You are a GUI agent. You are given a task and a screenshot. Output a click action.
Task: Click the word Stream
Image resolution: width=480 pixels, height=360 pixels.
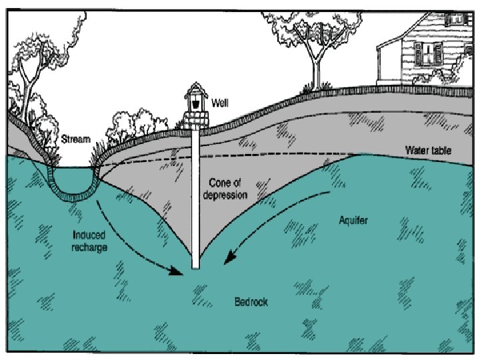pos(75,140)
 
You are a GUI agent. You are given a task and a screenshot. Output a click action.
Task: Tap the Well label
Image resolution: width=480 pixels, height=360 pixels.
pos(219,103)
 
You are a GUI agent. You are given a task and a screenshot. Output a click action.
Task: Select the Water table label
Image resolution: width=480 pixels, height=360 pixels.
pos(428,151)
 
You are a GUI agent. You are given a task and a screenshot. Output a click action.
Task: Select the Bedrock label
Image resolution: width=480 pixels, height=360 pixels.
pos(251,302)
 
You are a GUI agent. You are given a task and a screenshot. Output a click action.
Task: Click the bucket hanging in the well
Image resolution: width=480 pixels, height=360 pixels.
pos(196,103)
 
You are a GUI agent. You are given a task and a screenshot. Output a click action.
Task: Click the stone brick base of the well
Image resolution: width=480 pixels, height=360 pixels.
pos(196,121)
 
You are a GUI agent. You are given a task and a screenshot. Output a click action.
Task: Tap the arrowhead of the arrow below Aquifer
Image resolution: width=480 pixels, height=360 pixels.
pos(229,256)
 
